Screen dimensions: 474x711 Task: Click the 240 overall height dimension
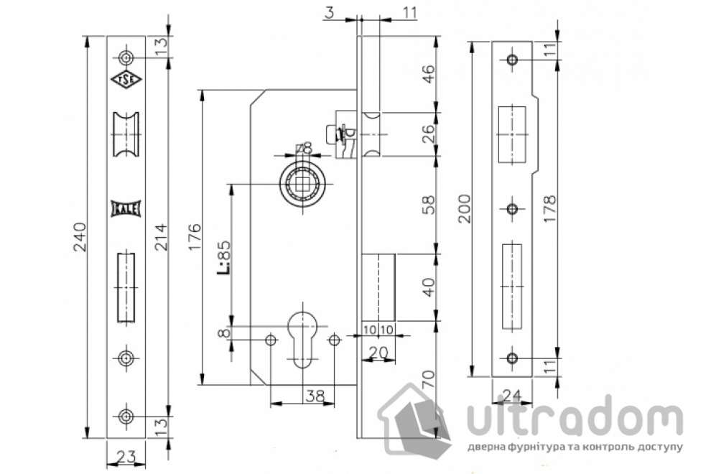(80, 237)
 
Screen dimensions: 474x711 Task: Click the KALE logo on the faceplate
(126, 209)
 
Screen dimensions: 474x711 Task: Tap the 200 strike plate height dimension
(464, 208)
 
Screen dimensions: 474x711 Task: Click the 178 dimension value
(549, 209)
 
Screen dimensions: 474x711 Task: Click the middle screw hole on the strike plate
(511, 209)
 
